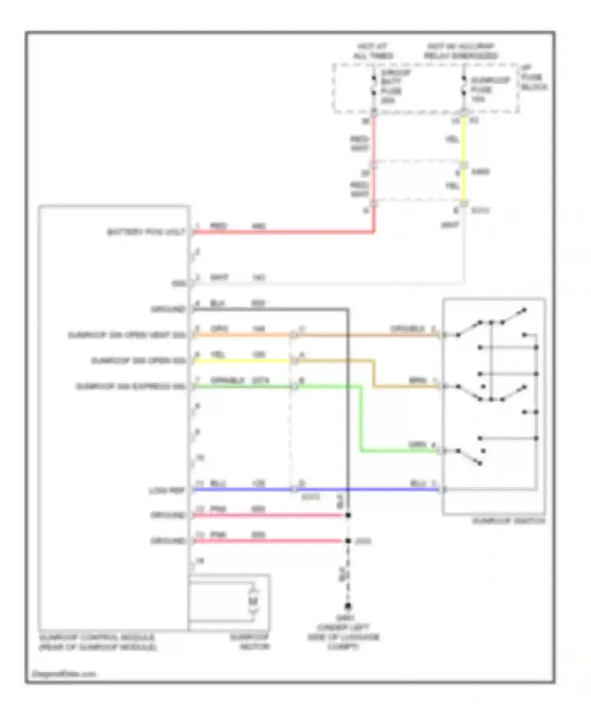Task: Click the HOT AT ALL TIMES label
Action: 373,51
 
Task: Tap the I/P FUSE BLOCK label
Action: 534,78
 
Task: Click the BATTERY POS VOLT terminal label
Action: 146,232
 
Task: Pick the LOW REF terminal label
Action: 166,491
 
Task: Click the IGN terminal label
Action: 178,283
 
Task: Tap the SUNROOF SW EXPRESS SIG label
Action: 130,387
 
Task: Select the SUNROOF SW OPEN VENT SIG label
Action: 126,335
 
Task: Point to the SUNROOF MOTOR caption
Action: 249,642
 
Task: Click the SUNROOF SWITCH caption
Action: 508,521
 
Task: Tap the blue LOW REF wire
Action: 315,490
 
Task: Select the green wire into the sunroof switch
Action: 398,451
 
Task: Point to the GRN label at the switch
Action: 417,445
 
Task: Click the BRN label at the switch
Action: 418,380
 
